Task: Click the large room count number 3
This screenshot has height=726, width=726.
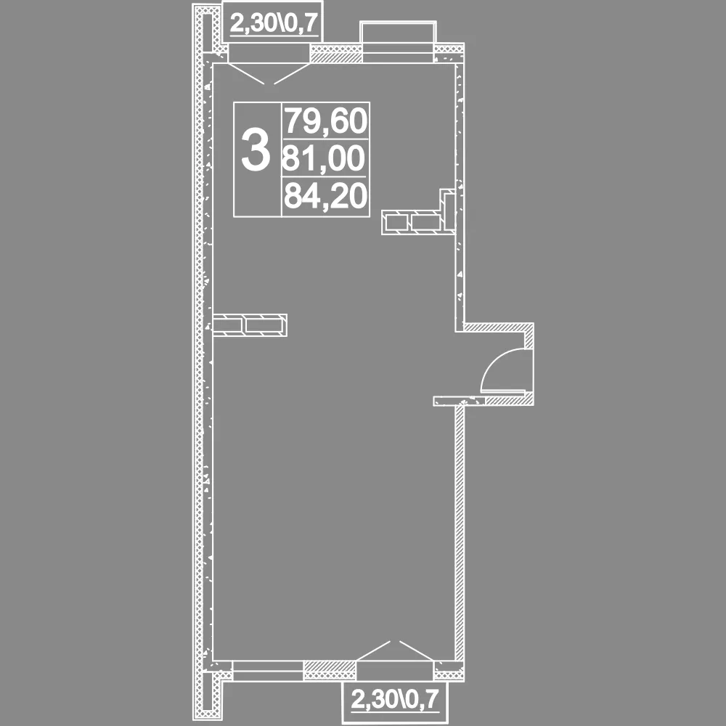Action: point(256,150)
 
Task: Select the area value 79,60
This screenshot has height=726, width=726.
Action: point(326,121)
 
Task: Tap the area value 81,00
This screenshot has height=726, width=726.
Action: point(324,158)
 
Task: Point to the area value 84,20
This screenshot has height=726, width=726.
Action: point(326,195)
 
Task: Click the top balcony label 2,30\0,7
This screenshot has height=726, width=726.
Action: point(275,23)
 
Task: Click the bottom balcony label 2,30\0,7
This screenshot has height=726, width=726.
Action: point(394,699)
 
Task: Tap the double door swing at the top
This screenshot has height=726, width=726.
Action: point(269,73)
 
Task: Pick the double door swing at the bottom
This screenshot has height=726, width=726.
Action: point(395,650)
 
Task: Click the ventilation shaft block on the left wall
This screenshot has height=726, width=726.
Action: point(250,325)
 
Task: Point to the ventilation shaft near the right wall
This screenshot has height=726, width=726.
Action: point(413,222)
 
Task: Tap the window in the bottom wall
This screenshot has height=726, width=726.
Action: point(268,670)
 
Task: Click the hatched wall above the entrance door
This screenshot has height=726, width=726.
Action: point(499,327)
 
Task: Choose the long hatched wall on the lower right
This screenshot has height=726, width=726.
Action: point(460,532)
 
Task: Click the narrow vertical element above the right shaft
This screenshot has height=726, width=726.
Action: point(448,210)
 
